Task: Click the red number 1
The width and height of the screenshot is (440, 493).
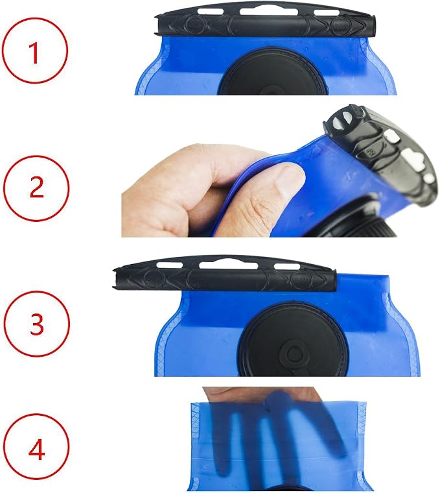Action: coord(34,53)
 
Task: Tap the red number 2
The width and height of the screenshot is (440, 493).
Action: coord(36,187)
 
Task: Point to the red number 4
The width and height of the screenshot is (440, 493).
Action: coord(37,450)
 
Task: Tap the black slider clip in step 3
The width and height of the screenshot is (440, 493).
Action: coord(224,274)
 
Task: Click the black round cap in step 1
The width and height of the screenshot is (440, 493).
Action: coord(273,72)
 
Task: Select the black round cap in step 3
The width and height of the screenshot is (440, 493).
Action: coord(292,340)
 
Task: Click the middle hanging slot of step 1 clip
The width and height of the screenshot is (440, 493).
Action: coord(268,12)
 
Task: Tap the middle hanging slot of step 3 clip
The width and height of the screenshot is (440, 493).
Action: coord(228,265)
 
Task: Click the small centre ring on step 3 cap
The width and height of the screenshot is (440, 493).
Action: coord(295,354)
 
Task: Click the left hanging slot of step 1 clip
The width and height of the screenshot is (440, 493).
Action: coord(211,12)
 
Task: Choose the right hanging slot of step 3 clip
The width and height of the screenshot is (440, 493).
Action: coord(287,267)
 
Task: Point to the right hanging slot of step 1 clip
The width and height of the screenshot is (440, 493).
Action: coord(327,13)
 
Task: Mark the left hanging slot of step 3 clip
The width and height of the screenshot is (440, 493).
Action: coord(169,265)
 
